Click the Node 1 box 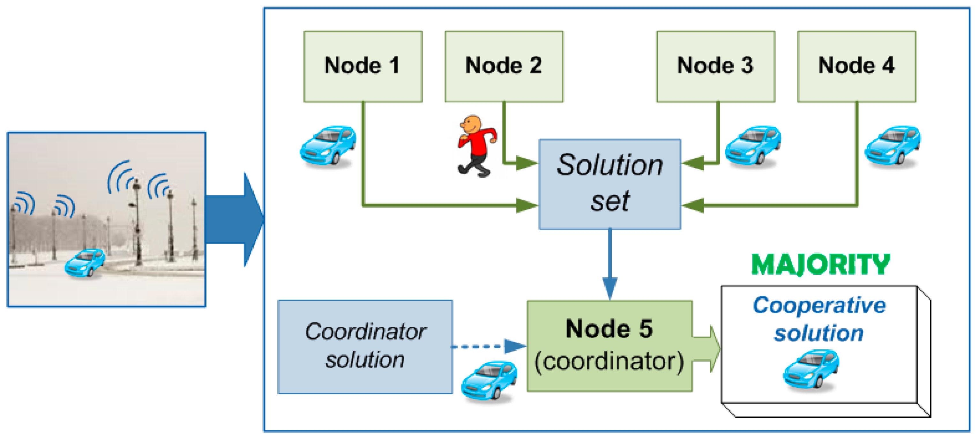click(x=362, y=66)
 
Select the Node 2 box click(x=504, y=66)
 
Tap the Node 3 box click(x=716, y=66)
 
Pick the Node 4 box click(x=856, y=66)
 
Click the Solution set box click(x=609, y=184)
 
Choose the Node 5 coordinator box click(x=609, y=346)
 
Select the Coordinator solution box click(x=365, y=347)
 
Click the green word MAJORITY click(x=821, y=265)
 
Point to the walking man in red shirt click(x=476, y=146)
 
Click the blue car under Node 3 click(x=753, y=146)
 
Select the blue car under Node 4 click(x=893, y=146)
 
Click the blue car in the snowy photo click(x=85, y=263)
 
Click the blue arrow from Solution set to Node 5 click(x=609, y=264)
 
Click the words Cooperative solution click(x=819, y=319)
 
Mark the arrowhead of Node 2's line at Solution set click(x=527, y=163)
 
